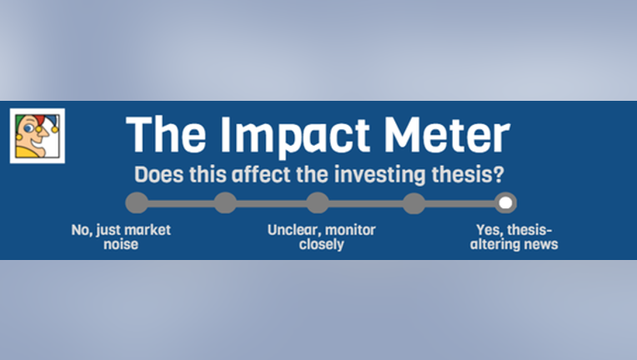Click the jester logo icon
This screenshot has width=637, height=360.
[x=38, y=136]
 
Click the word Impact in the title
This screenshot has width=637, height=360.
[x=295, y=136]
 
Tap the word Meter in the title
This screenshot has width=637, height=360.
[x=447, y=135]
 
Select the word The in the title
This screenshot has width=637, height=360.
[x=166, y=135]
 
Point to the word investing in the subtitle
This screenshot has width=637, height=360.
[x=380, y=174]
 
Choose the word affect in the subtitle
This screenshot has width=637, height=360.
[x=261, y=174]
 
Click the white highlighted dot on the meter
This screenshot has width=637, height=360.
[x=505, y=203]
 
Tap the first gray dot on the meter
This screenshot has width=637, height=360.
[x=137, y=203]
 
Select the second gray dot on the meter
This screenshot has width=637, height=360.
[x=225, y=203]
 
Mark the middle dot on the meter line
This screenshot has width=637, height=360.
[x=318, y=203]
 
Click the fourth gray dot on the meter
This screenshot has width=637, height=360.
[x=414, y=203]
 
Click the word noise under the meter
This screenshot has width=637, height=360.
[x=121, y=245]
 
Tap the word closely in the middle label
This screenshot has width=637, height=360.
[x=321, y=245]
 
